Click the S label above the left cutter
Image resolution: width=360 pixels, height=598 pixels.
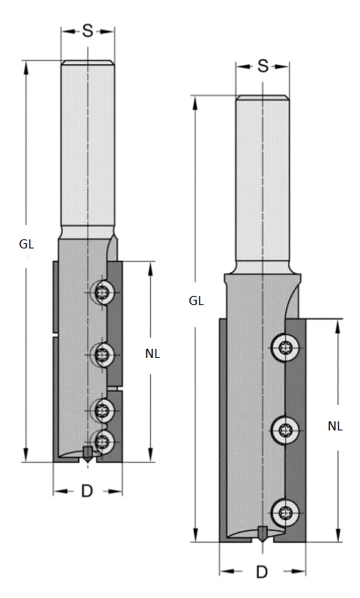88,31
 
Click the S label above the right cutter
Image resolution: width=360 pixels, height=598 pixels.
263,66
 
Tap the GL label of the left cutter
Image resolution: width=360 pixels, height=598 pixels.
27,243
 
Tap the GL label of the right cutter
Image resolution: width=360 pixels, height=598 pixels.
196,301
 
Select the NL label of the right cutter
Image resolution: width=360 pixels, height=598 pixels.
335,426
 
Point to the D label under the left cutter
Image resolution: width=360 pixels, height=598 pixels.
87,492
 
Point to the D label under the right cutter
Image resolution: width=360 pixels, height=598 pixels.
262,572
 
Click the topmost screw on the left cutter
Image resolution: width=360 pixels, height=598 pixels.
103,292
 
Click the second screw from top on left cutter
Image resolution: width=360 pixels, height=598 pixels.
103,352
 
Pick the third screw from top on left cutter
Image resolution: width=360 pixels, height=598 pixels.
103,410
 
